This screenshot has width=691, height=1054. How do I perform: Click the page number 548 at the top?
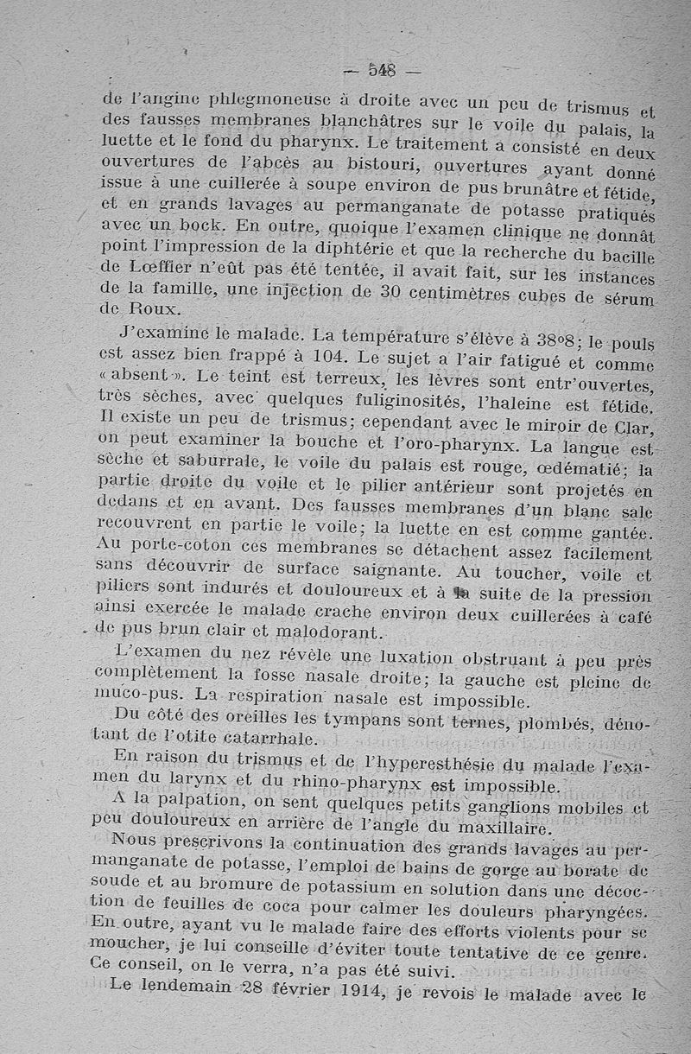click(x=381, y=70)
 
